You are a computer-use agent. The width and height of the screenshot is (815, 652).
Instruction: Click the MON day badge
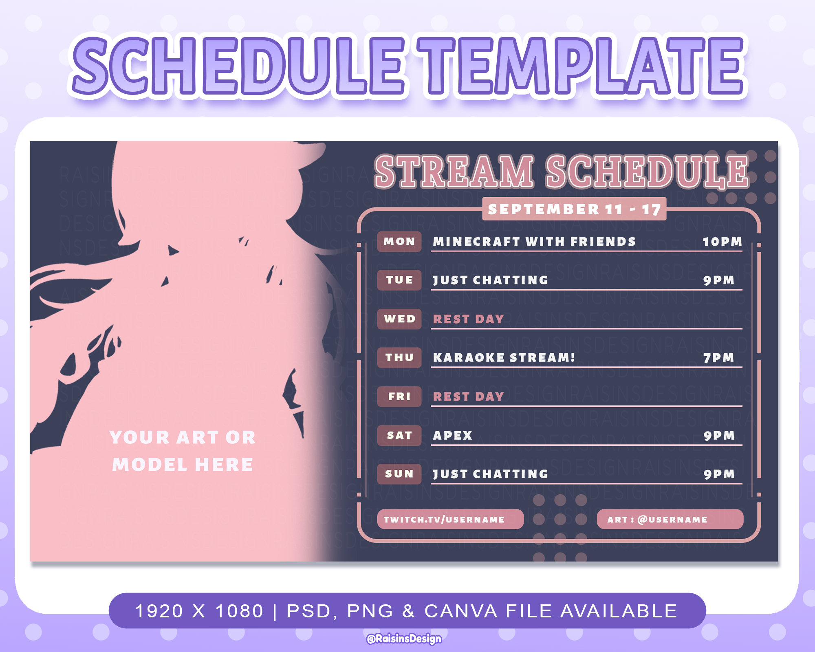pos(399,242)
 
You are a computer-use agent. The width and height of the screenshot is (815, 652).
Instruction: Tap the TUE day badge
pos(399,280)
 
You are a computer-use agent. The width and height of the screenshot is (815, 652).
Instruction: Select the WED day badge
pos(399,319)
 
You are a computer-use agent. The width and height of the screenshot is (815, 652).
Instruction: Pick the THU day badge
pos(399,358)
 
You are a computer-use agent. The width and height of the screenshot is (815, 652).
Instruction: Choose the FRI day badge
pos(399,396)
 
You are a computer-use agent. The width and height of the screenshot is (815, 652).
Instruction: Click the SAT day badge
pos(399,436)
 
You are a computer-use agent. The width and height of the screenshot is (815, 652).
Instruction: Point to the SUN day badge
pos(399,474)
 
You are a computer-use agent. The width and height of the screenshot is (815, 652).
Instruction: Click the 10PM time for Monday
pos(722,242)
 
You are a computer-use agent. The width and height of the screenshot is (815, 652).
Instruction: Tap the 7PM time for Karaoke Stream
pos(719,358)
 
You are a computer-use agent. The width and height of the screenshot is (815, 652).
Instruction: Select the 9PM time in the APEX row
pos(719,436)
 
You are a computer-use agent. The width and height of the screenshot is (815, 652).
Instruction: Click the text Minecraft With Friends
pos(534,242)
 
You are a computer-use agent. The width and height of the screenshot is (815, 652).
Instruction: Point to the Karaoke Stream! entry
pos(504,358)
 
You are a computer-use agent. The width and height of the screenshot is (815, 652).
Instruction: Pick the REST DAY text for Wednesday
pos(469,319)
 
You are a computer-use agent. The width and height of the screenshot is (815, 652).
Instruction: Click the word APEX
pos(452,436)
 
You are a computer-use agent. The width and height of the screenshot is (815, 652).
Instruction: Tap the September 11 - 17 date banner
pos(574,209)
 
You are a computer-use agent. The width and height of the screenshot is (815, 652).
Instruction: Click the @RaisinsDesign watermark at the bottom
pos(404,639)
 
